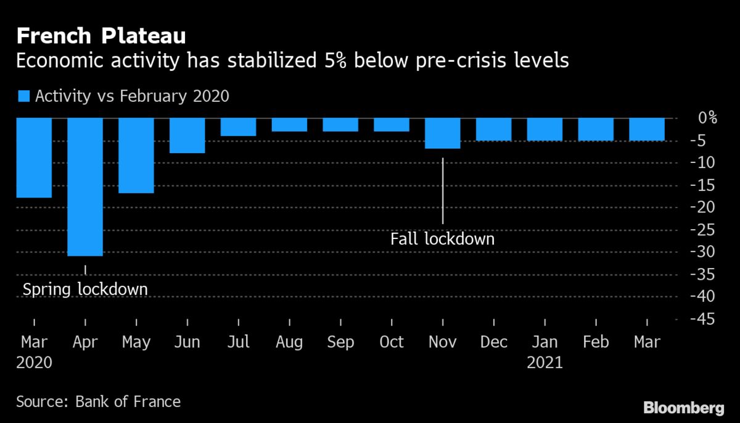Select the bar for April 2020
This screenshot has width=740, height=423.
click(x=85, y=186)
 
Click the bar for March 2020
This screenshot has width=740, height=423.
click(x=34, y=158)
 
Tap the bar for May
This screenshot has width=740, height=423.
click(x=136, y=156)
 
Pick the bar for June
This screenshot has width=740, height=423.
click(x=187, y=135)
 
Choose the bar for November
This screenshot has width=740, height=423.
click(x=443, y=133)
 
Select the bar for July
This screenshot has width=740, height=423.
click(x=239, y=127)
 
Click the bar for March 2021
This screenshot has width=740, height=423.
click(x=647, y=130)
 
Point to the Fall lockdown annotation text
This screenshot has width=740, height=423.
click(x=442, y=238)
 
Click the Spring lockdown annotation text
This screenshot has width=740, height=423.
click(x=85, y=289)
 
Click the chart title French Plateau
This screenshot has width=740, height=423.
click(x=101, y=36)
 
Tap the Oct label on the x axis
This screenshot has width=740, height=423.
click(x=392, y=342)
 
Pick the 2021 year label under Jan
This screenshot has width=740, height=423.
click(x=545, y=362)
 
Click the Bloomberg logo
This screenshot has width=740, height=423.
click(x=683, y=408)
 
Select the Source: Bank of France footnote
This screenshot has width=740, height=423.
click(x=99, y=402)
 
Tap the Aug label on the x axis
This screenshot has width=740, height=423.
click(x=289, y=342)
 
